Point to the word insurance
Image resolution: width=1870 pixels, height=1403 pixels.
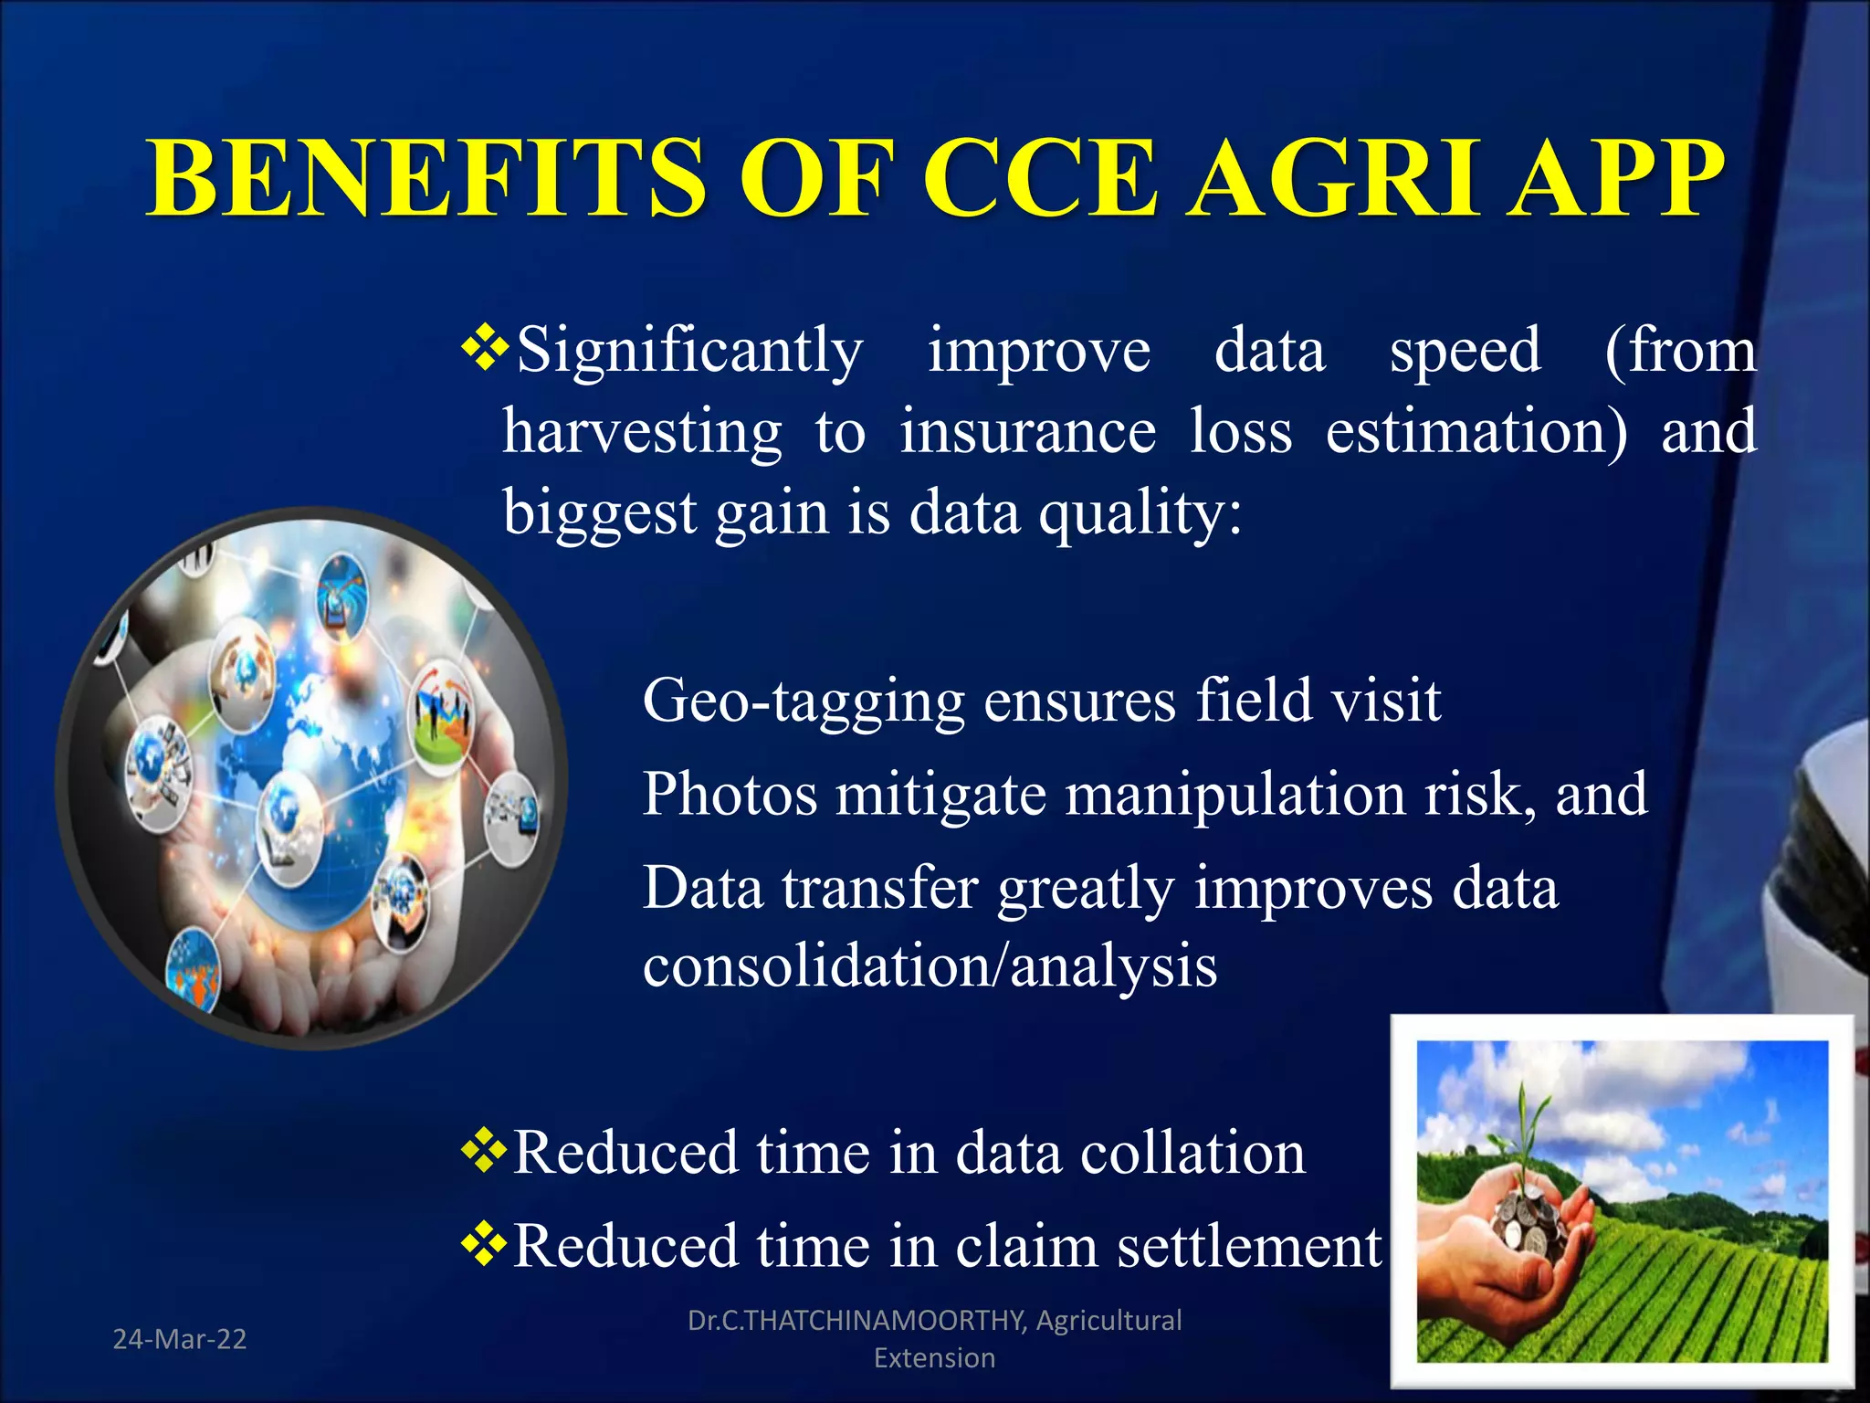coord(1028,431)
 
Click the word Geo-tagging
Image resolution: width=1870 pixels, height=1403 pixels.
coord(804,702)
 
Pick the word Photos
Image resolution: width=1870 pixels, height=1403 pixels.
coord(730,793)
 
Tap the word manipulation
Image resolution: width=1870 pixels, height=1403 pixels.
coord(1235,793)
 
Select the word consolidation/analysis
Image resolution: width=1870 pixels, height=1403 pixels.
coord(930,965)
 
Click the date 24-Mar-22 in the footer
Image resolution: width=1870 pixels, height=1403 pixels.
coord(180,1339)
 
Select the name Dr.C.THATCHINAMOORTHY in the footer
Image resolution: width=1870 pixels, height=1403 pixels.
coord(856,1320)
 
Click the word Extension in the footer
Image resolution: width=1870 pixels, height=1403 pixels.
coord(934,1358)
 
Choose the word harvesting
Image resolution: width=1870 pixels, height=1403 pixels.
coord(642,431)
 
